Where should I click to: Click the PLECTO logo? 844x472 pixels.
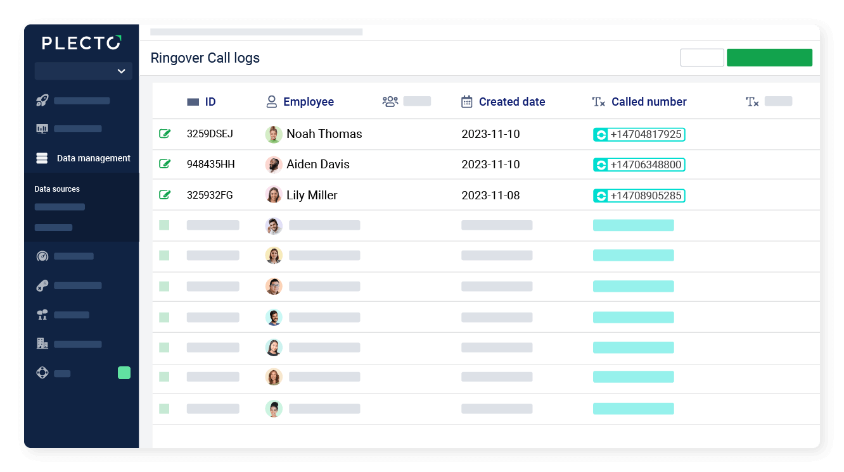pos(81,43)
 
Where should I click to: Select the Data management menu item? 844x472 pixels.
pos(93,158)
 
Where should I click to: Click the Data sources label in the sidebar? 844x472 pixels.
pos(57,189)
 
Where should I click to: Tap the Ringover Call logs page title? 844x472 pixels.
pos(205,58)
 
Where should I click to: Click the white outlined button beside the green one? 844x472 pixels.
pos(702,58)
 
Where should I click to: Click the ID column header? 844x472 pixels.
pos(210,102)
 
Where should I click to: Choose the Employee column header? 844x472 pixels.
pos(308,102)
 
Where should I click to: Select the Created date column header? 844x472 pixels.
pos(511,102)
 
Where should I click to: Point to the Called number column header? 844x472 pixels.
pos(648,102)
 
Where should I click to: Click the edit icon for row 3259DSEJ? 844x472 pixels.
pos(165,134)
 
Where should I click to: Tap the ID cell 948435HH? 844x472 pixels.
pos(210,165)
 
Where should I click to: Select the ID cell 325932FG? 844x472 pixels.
pos(210,195)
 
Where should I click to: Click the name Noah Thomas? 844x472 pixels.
pos(324,134)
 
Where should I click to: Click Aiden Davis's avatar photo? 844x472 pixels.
pos(274,165)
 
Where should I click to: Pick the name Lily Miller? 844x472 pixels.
pos(312,195)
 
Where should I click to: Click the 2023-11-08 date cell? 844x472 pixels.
pos(490,195)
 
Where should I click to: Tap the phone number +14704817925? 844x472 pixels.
pos(645,134)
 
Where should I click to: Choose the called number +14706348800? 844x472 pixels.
pos(645,165)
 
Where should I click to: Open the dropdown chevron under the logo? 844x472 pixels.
pos(121,71)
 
